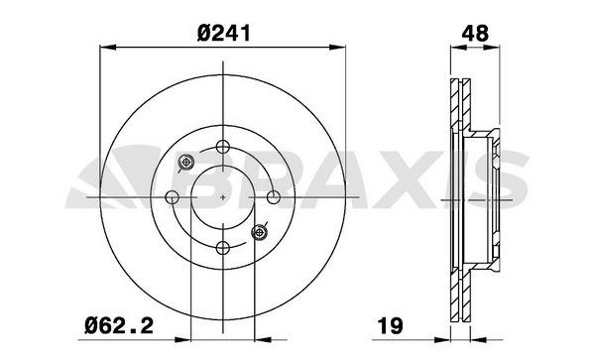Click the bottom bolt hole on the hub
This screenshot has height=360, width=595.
(223, 247)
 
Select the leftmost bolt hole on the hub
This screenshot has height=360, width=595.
(174, 196)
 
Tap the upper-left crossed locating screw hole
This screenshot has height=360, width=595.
(185, 163)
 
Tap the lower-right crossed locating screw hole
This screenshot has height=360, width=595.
(261, 231)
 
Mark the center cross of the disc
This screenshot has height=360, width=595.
(224, 196)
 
